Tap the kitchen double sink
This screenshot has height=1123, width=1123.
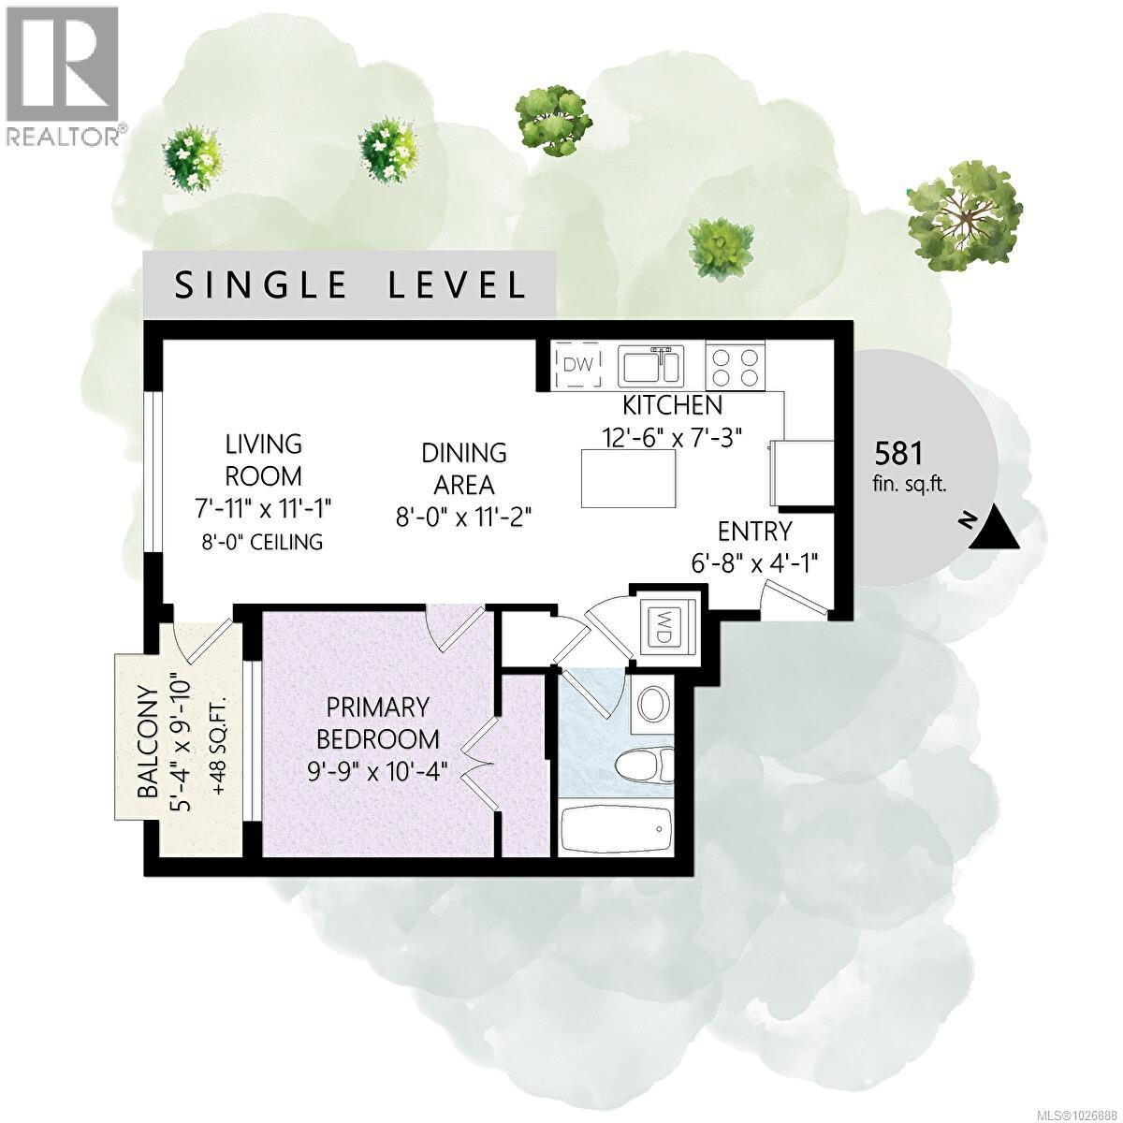click(651, 365)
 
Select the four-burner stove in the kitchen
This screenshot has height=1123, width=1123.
click(736, 366)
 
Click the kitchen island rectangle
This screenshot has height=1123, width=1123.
click(629, 478)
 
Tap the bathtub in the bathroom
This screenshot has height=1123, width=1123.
click(616, 829)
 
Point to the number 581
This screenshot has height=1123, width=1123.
click(898, 454)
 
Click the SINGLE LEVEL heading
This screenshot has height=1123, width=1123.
click(351, 284)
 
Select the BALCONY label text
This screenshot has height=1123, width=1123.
click(148, 742)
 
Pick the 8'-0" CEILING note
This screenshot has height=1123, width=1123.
click(264, 542)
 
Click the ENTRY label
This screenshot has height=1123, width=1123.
click(754, 532)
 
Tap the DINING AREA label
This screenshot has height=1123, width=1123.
click(464, 469)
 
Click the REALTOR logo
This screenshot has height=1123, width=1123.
click(64, 75)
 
